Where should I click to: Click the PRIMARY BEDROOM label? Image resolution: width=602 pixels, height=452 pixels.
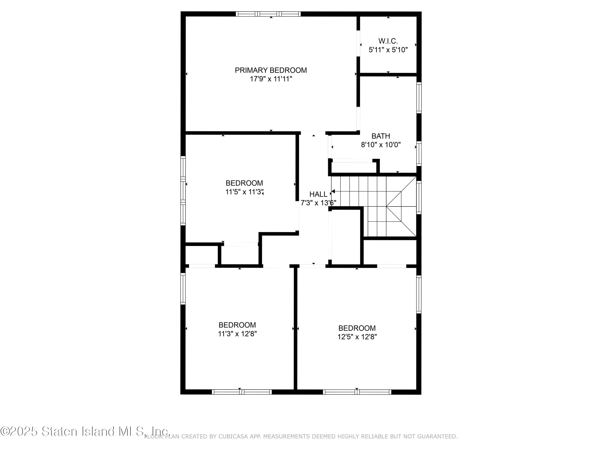(x=270, y=70)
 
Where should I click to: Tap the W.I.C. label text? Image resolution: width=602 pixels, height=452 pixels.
(x=388, y=41)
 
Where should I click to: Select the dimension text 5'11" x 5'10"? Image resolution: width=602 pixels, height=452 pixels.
(x=388, y=50)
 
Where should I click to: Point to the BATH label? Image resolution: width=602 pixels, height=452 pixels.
(x=380, y=136)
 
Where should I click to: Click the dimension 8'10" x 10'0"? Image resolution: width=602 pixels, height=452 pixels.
(x=380, y=145)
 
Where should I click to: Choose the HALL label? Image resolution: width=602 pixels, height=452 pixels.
(x=318, y=194)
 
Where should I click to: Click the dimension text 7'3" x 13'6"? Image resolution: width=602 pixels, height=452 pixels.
(x=318, y=203)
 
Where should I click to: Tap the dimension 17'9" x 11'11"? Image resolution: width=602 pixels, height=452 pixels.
(x=270, y=79)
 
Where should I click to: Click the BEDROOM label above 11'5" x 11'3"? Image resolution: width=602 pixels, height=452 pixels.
(x=244, y=183)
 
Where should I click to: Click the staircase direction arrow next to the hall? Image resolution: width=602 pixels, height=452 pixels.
(x=333, y=191)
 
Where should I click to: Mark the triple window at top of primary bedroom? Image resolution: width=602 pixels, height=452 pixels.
(x=268, y=14)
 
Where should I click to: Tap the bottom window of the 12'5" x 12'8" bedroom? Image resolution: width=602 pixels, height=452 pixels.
(x=357, y=392)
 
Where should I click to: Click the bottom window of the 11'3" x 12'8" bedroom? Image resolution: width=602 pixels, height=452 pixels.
(x=242, y=392)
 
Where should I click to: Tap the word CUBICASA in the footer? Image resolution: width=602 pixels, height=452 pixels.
(x=233, y=437)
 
